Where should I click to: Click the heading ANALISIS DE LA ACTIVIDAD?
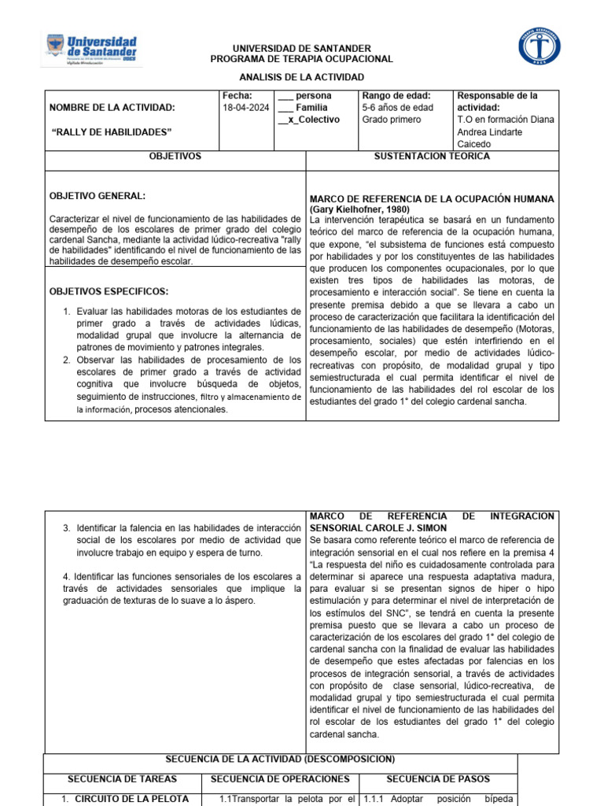click(x=301, y=77)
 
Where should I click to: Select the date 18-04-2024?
click(x=245, y=108)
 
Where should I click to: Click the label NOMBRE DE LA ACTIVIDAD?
click(x=112, y=108)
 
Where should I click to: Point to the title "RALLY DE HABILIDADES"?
click(x=111, y=131)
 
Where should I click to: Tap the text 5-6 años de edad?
click(x=397, y=108)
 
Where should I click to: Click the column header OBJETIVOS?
click(x=175, y=157)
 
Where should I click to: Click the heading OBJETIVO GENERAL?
click(x=97, y=196)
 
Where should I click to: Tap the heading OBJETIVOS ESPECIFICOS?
click(x=109, y=291)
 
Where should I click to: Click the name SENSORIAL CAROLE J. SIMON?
click(x=378, y=527)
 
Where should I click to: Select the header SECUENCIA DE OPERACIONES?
click(x=279, y=779)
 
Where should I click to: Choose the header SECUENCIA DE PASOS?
click(x=437, y=779)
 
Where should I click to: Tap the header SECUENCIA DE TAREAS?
click(x=122, y=779)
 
